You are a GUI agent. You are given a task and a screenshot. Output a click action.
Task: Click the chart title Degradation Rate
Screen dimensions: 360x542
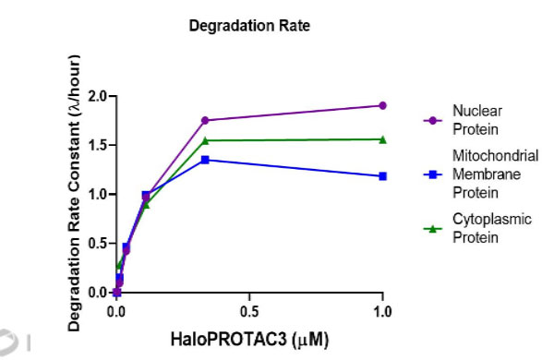coord(249,26)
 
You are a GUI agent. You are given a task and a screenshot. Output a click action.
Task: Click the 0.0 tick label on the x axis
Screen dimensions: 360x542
coord(116,312)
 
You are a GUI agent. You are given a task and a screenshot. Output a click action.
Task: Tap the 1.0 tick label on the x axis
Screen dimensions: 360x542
coord(382,312)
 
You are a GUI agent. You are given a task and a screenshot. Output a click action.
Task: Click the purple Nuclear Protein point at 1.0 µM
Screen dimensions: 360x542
coord(382,105)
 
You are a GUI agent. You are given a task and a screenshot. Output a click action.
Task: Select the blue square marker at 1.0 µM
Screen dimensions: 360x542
coord(382,176)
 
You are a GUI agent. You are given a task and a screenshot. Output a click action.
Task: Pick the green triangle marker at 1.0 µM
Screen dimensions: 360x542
coord(382,139)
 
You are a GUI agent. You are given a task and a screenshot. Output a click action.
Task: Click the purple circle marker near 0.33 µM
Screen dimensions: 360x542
coord(205,120)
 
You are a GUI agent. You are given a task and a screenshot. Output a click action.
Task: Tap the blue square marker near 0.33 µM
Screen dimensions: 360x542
coord(205,160)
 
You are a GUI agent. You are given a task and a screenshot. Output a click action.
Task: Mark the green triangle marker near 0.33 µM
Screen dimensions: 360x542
coord(205,140)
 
